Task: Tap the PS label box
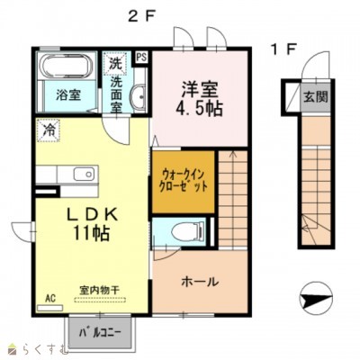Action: click(141, 57)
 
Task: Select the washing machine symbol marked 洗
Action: click(115, 63)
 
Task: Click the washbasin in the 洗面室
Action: click(138, 95)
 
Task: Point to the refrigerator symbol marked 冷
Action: click(48, 130)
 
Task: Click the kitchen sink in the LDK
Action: click(84, 174)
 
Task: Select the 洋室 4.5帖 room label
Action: click(199, 99)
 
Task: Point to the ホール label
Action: click(200, 282)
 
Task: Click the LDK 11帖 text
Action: click(91, 224)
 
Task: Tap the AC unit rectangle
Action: click(50, 308)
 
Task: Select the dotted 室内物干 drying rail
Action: click(100, 300)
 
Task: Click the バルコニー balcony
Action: click(100, 332)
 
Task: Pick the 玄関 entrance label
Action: click(316, 97)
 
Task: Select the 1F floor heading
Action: click(284, 49)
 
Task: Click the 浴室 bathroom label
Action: click(68, 94)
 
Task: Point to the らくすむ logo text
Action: click(43, 350)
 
